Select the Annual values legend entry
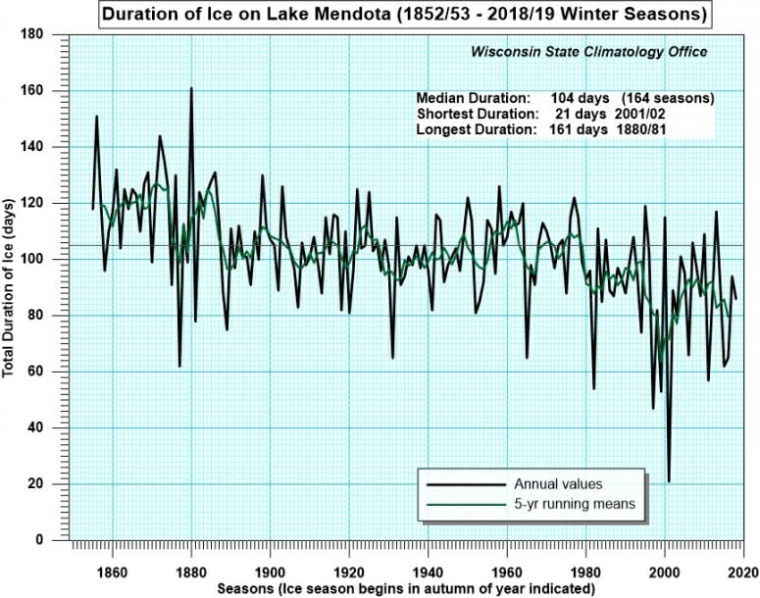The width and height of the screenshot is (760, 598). (x=559, y=484)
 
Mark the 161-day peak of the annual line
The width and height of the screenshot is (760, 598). (x=191, y=89)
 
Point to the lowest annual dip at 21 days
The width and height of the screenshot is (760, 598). (x=669, y=480)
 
